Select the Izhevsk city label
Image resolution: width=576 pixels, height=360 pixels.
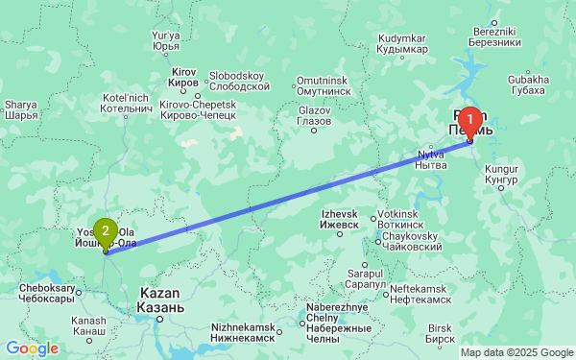[x=339, y=218]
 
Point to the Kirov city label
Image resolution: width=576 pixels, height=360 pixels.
[x=183, y=78]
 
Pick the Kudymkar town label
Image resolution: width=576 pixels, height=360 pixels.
[x=401, y=42]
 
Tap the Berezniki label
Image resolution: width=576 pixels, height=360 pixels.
[x=496, y=36]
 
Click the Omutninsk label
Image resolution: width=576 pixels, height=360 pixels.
[x=321, y=84]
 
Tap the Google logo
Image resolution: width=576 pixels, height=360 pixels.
[x=31, y=348]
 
